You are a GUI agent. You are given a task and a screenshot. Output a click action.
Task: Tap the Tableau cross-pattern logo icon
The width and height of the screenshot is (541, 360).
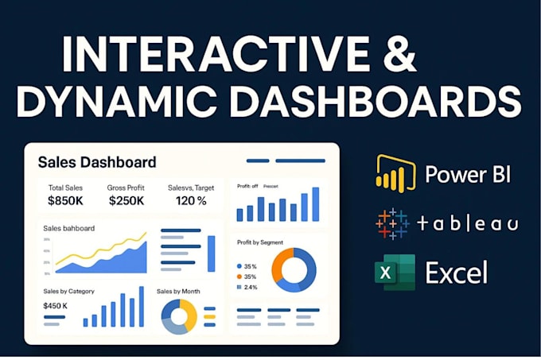pos(392,223)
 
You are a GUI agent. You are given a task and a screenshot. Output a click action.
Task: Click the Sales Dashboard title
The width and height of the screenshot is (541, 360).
pos(97,162)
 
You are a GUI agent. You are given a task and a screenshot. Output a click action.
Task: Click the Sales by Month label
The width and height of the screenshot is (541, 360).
pos(178,292)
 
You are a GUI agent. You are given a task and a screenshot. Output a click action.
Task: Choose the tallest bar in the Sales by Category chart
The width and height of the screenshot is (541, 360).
pos(142,307)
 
